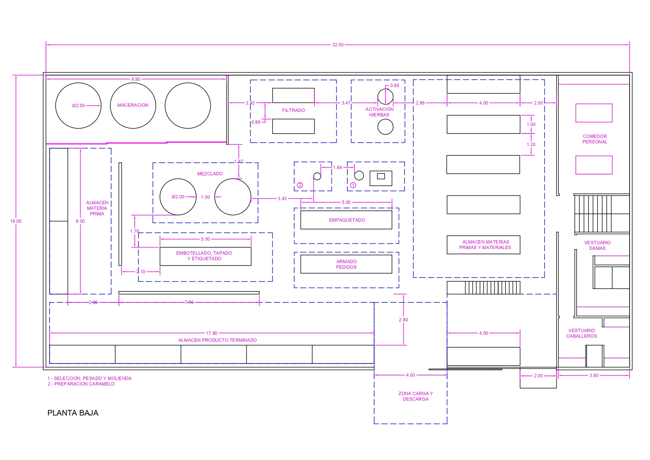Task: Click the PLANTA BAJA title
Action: tap(73, 413)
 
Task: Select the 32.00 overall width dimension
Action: tap(338, 45)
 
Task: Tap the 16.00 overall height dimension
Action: tap(16, 221)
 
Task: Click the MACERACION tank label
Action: tap(133, 105)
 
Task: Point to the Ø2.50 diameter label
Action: tap(79, 106)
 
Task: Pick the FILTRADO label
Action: tap(294, 110)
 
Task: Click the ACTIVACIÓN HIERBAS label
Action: tap(380, 112)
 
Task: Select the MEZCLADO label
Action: tap(210, 174)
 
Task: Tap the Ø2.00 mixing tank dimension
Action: tap(178, 197)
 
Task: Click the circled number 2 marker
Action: tap(300, 185)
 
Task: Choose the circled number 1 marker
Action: tap(353, 185)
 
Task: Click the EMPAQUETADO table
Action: tap(346, 220)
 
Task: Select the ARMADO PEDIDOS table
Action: tap(346, 264)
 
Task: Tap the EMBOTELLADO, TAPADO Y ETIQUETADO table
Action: tap(206, 256)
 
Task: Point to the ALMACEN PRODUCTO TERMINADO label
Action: tap(218, 340)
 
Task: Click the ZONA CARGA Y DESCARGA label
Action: tap(416, 396)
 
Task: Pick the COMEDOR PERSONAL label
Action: tap(595, 139)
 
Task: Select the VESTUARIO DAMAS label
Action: tap(597, 245)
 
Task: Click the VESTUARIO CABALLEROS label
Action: tap(581, 333)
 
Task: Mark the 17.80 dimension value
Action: tap(212, 333)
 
